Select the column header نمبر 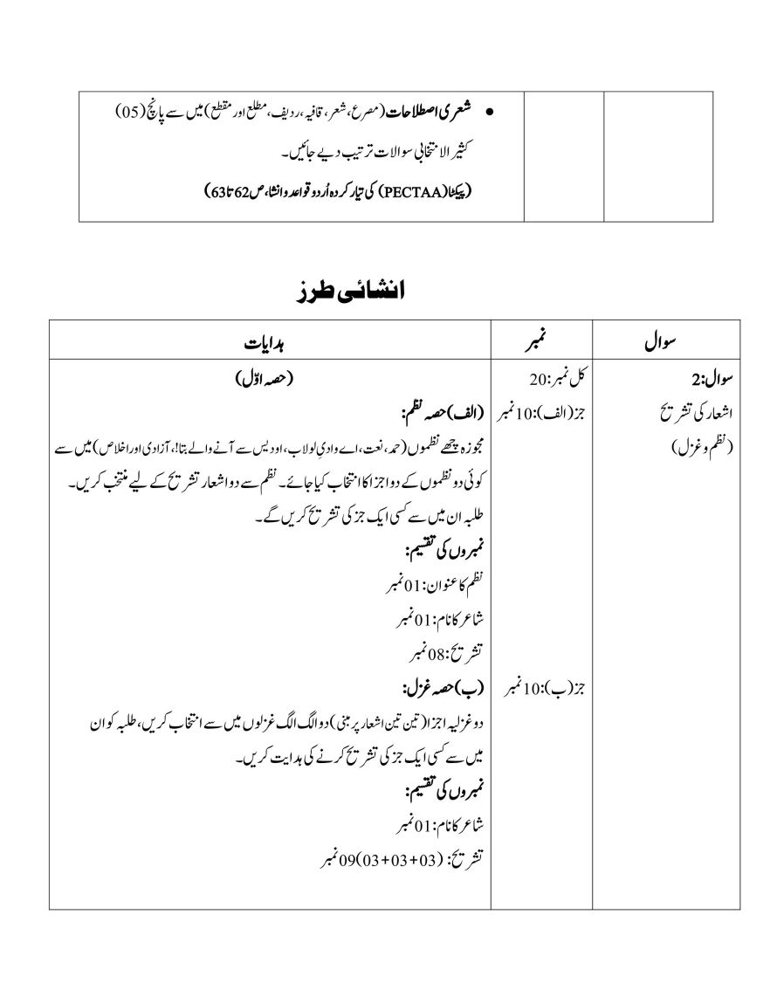(543, 343)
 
